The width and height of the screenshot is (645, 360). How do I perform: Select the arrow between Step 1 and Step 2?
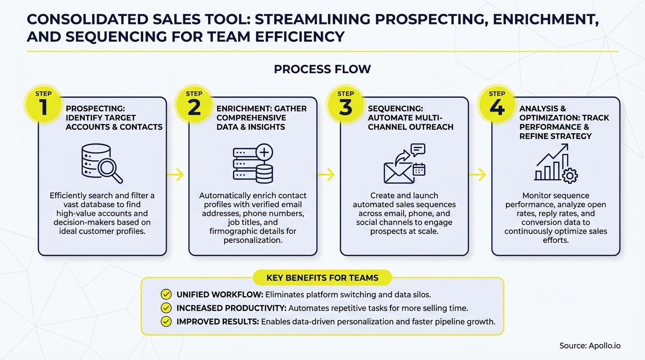coord(175,175)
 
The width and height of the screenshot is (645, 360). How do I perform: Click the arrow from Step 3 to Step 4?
coord(477,175)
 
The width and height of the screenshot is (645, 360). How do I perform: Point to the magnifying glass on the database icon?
coord(111,171)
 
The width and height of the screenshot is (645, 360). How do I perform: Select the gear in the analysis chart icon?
coord(570,176)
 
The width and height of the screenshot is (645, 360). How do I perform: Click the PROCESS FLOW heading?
coord(322,69)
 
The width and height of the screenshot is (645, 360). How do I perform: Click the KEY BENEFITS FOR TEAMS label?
coord(322,278)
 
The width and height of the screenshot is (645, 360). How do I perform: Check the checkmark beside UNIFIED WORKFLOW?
coord(166,294)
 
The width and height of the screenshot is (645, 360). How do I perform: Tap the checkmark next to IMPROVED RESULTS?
coord(166,322)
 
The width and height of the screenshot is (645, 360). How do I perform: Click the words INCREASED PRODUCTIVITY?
coord(231,308)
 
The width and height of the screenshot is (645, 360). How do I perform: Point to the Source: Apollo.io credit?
coord(590,345)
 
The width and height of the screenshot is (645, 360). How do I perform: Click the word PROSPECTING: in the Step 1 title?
coord(95,109)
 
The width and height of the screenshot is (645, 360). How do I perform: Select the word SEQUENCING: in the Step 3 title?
coord(395,109)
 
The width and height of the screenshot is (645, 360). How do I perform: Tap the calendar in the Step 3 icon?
coord(419,169)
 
